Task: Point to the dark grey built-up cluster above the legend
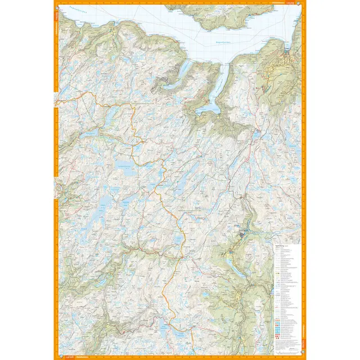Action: [x=243, y=231]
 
